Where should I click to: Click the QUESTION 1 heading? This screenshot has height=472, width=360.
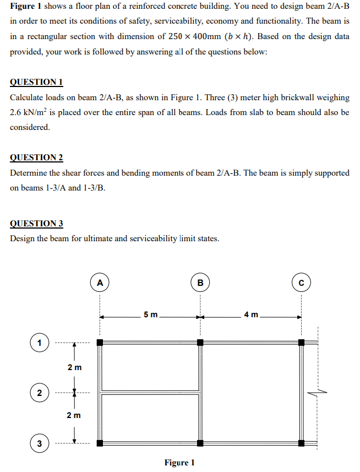[36, 82]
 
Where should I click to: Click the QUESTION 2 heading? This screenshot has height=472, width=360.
[36, 158]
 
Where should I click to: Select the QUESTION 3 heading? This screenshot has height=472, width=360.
[36, 224]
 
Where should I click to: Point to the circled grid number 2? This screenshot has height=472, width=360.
[39, 392]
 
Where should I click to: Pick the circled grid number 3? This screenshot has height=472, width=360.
[39, 443]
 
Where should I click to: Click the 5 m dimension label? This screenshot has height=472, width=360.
[150, 315]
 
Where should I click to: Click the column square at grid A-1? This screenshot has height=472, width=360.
[100, 342]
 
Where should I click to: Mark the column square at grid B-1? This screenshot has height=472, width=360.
[200, 342]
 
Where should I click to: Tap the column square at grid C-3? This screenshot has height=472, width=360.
[301, 443]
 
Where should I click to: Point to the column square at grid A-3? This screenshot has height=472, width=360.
[100, 443]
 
